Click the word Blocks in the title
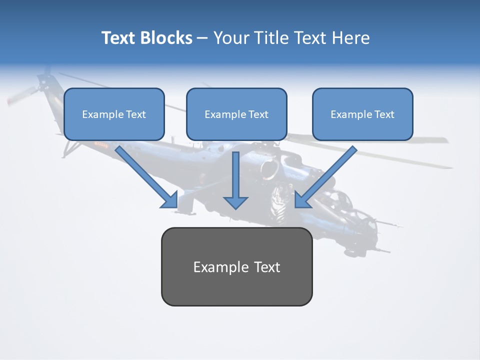(165, 38)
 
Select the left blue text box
(114, 114)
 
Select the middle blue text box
(236, 114)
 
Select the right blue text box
(362, 114)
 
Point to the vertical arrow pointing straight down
(235, 180)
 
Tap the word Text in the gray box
(267, 267)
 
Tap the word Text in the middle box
(258, 114)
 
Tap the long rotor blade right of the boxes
(430, 160)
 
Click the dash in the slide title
(202, 38)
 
